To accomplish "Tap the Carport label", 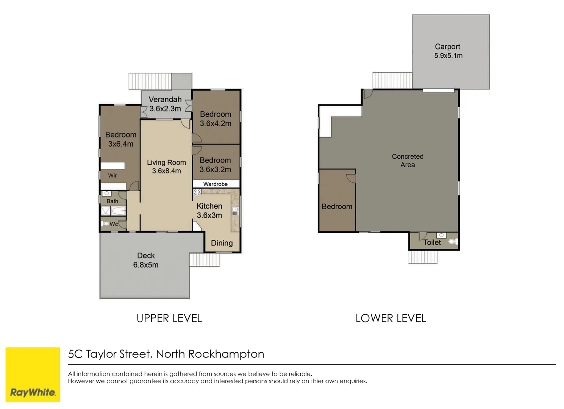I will point(447,47).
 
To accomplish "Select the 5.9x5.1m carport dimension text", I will point(448,56).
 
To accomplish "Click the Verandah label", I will point(165,99).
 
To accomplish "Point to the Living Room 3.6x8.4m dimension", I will point(166,171).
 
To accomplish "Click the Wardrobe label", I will point(215,184).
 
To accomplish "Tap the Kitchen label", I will point(209,206).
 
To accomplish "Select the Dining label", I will point(222,243).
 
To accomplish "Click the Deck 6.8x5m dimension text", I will point(146,265).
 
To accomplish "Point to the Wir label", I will point(112,175).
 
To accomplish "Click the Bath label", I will point(112,201).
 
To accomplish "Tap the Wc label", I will point(114,224).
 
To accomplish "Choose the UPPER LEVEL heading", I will point(169,318).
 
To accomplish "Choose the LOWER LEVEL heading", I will point(391,318).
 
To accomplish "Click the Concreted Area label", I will point(408,161).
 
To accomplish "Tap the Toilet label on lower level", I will point(432,242).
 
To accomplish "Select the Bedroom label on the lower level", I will point(337,206).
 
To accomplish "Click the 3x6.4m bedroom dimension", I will point(120,144).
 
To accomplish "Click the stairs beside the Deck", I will point(205,260).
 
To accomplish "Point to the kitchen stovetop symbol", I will point(197,192).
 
